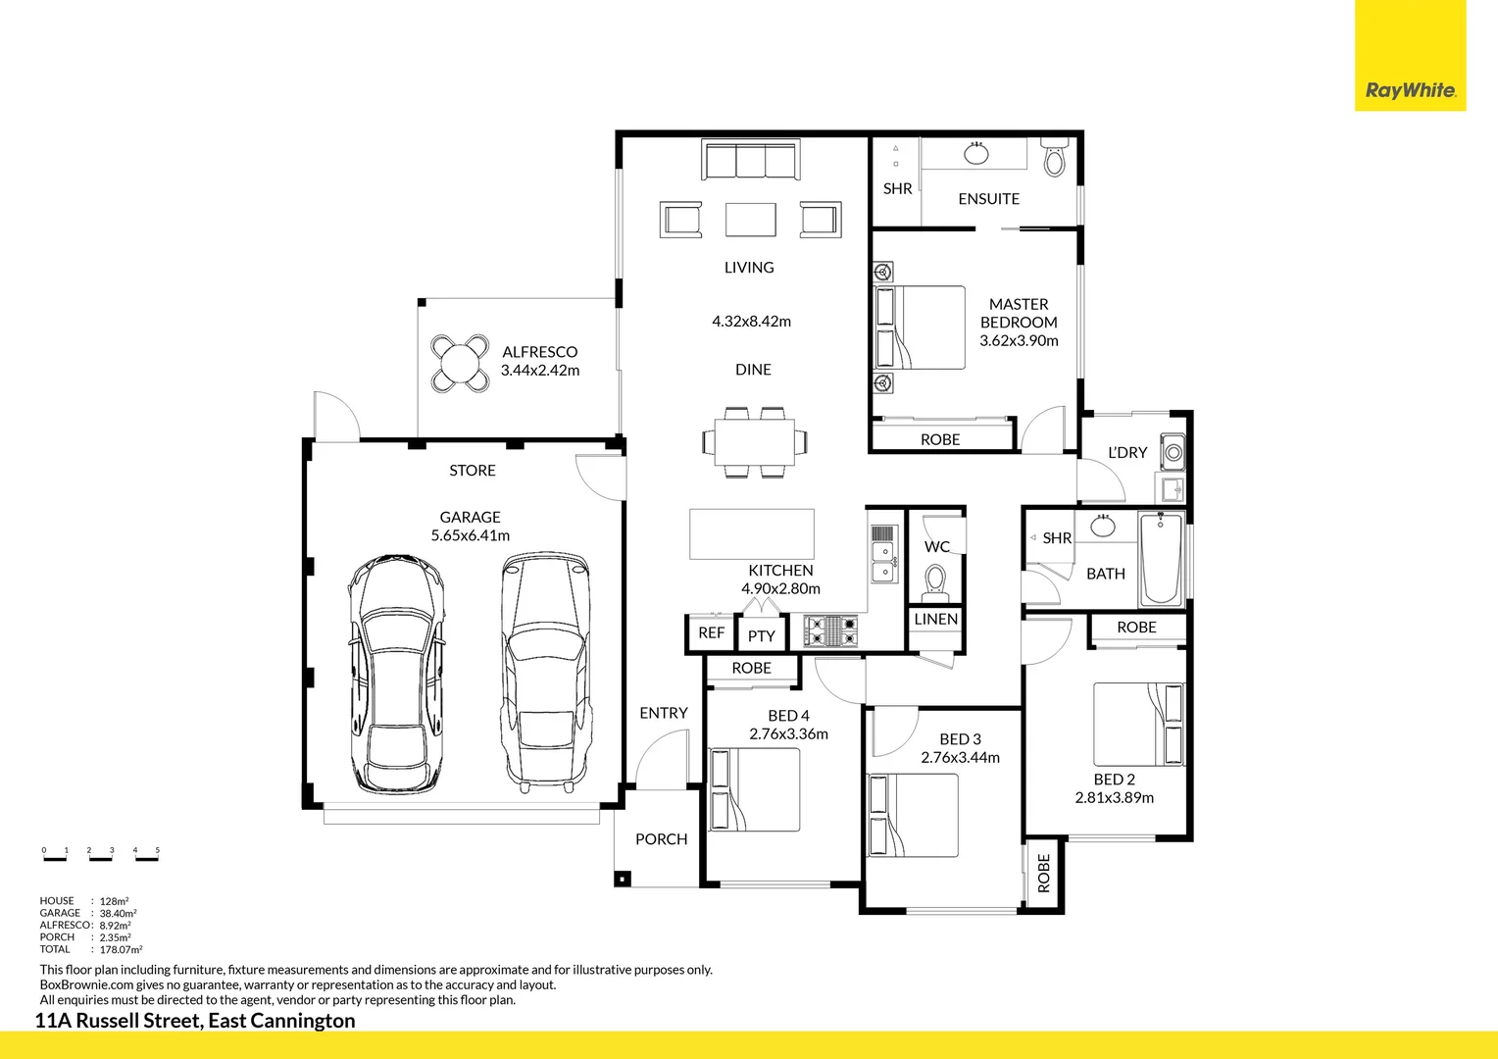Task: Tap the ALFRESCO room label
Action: [x=539, y=352]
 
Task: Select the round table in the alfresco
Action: [x=460, y=363]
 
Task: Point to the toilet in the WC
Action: [x=935, y=583]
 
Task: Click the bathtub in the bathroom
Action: [x=1161, y=559]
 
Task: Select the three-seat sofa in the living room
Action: [x=750, y=159]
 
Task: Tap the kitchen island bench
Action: [x=752, y=533]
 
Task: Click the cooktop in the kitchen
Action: [x=830, y=630]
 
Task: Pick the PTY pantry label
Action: [x=761, y=636]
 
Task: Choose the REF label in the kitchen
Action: [x=711, y=632]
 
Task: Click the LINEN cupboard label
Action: [x=935, y=620]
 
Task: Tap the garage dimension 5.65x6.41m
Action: [x=471, y=535]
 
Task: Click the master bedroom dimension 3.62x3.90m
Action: [x=1019, y=340]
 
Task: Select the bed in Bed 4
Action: [x=754, y=789]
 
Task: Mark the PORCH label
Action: [x=662, y=839]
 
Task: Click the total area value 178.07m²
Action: [x=121, y=949]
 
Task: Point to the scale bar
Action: [x=101, y=854]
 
